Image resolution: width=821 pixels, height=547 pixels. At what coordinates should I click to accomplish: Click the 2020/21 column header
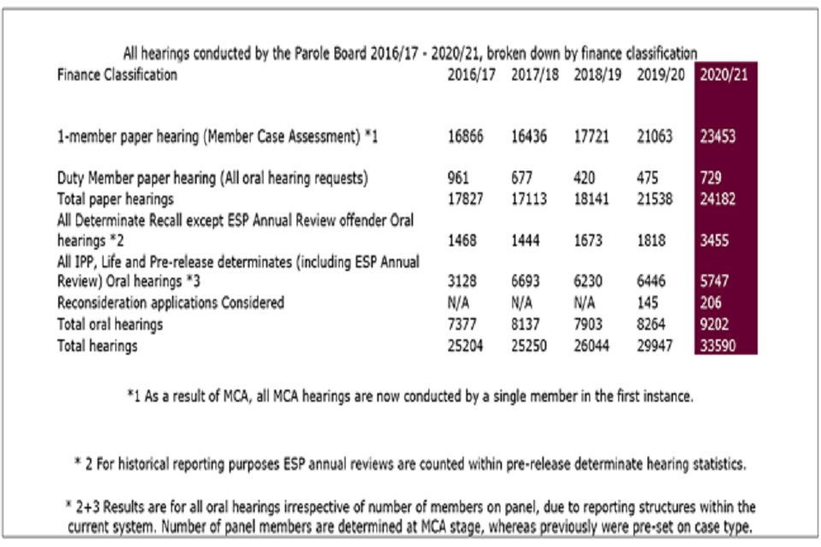(x=724, y=74)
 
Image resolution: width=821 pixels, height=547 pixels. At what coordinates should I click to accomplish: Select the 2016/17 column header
(x=471, y=74)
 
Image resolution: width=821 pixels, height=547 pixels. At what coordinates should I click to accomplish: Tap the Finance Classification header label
(x=117, y=74)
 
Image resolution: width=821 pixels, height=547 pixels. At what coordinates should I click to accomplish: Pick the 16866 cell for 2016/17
(x=466, y=137)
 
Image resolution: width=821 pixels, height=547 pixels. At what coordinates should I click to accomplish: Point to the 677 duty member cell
(x=522, y=179)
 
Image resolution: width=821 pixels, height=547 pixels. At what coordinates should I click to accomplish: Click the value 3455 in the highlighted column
(x=715, y=242)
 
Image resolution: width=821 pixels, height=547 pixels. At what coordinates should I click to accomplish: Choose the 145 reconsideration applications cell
(x=647, y=303)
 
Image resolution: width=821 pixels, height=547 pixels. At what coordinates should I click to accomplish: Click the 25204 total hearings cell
(x=466, y=345)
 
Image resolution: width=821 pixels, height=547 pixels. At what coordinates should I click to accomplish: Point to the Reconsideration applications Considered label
(x=170, y=303)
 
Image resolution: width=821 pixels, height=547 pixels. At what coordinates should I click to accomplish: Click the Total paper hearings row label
(x=113, y=198)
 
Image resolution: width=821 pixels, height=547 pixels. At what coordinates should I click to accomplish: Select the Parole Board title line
(x=410, y=53)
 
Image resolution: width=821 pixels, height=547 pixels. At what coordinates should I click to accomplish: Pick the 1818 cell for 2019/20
(x=652, y=242)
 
